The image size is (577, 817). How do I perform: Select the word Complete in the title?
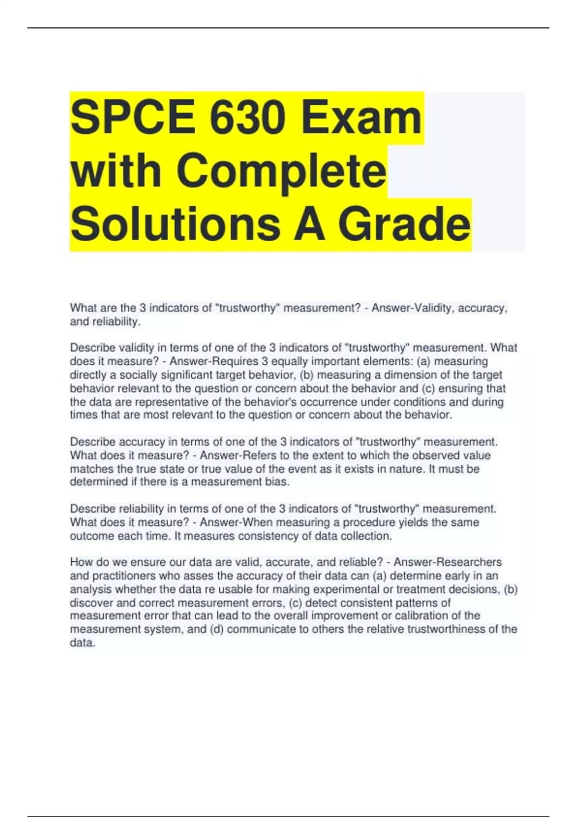tap(281, 171)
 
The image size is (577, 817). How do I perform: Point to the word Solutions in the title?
tap(176, 224)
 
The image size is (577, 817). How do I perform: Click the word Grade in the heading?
tap(404, 224)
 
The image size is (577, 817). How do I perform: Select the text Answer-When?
tap(236, 522)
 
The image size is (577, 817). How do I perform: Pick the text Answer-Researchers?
tap(448, 562)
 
